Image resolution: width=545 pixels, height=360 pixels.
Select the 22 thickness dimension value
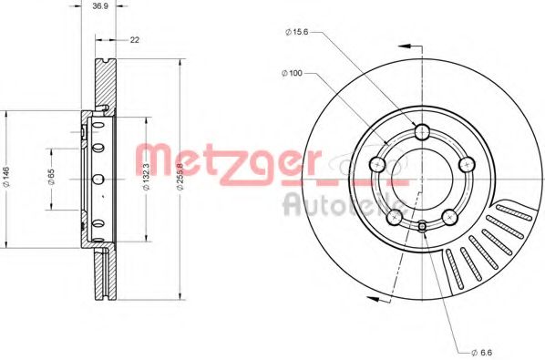[134, 40]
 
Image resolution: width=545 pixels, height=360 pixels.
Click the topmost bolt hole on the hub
[420, 133]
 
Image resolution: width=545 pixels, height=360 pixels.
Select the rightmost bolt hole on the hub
[467, 164]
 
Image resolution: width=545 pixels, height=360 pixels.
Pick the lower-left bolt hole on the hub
[395, 218]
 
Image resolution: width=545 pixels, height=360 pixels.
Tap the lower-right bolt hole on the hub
[449, 217]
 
